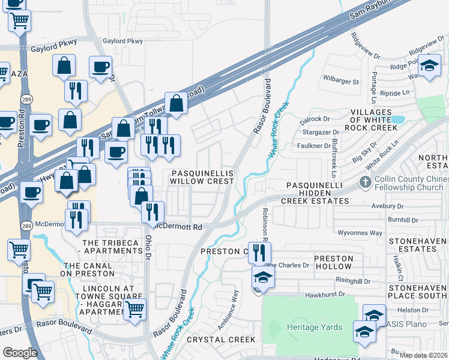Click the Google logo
pyautogui.click(x=20, y=353)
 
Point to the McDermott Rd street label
pyautogui.click(x=178, y=227)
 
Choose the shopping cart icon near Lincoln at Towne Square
pyautogui.click(x=135, y=310)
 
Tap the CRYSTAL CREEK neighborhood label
pyautogui.click(x=221, y=340)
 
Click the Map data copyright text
pyautogui.click(x=423, y=355)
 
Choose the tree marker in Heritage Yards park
pyautogui.click(x=276, y=328)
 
